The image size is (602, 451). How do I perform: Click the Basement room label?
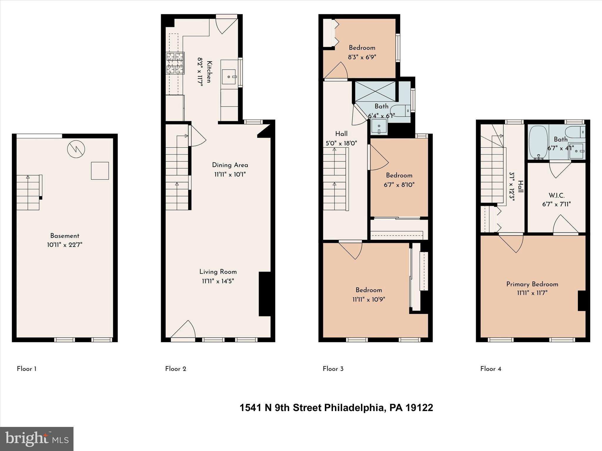(65, 236)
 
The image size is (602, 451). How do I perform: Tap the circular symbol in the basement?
(76, 149)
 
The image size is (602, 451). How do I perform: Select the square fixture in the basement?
(100, 171)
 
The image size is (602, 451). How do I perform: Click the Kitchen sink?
(229, 77)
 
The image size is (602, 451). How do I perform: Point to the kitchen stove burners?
(175, 63)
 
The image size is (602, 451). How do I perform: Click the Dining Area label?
(230, 165)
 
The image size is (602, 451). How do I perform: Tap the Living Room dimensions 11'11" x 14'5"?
(218, 281)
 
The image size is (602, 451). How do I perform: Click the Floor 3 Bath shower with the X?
(375, 91)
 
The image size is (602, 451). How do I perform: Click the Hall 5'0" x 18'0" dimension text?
(341, 144)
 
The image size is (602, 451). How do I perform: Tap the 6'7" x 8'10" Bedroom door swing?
(379, 159)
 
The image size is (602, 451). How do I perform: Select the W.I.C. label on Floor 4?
(556, 195)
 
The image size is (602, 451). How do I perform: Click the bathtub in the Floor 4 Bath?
(538, 142)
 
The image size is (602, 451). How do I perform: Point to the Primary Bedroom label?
(532, 284)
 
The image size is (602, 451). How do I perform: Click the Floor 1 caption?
(26, 369)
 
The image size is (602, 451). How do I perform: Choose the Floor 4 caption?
(491, 369)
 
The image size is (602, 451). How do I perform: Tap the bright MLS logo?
(37, 439)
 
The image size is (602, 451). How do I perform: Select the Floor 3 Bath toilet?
(400, 111)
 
